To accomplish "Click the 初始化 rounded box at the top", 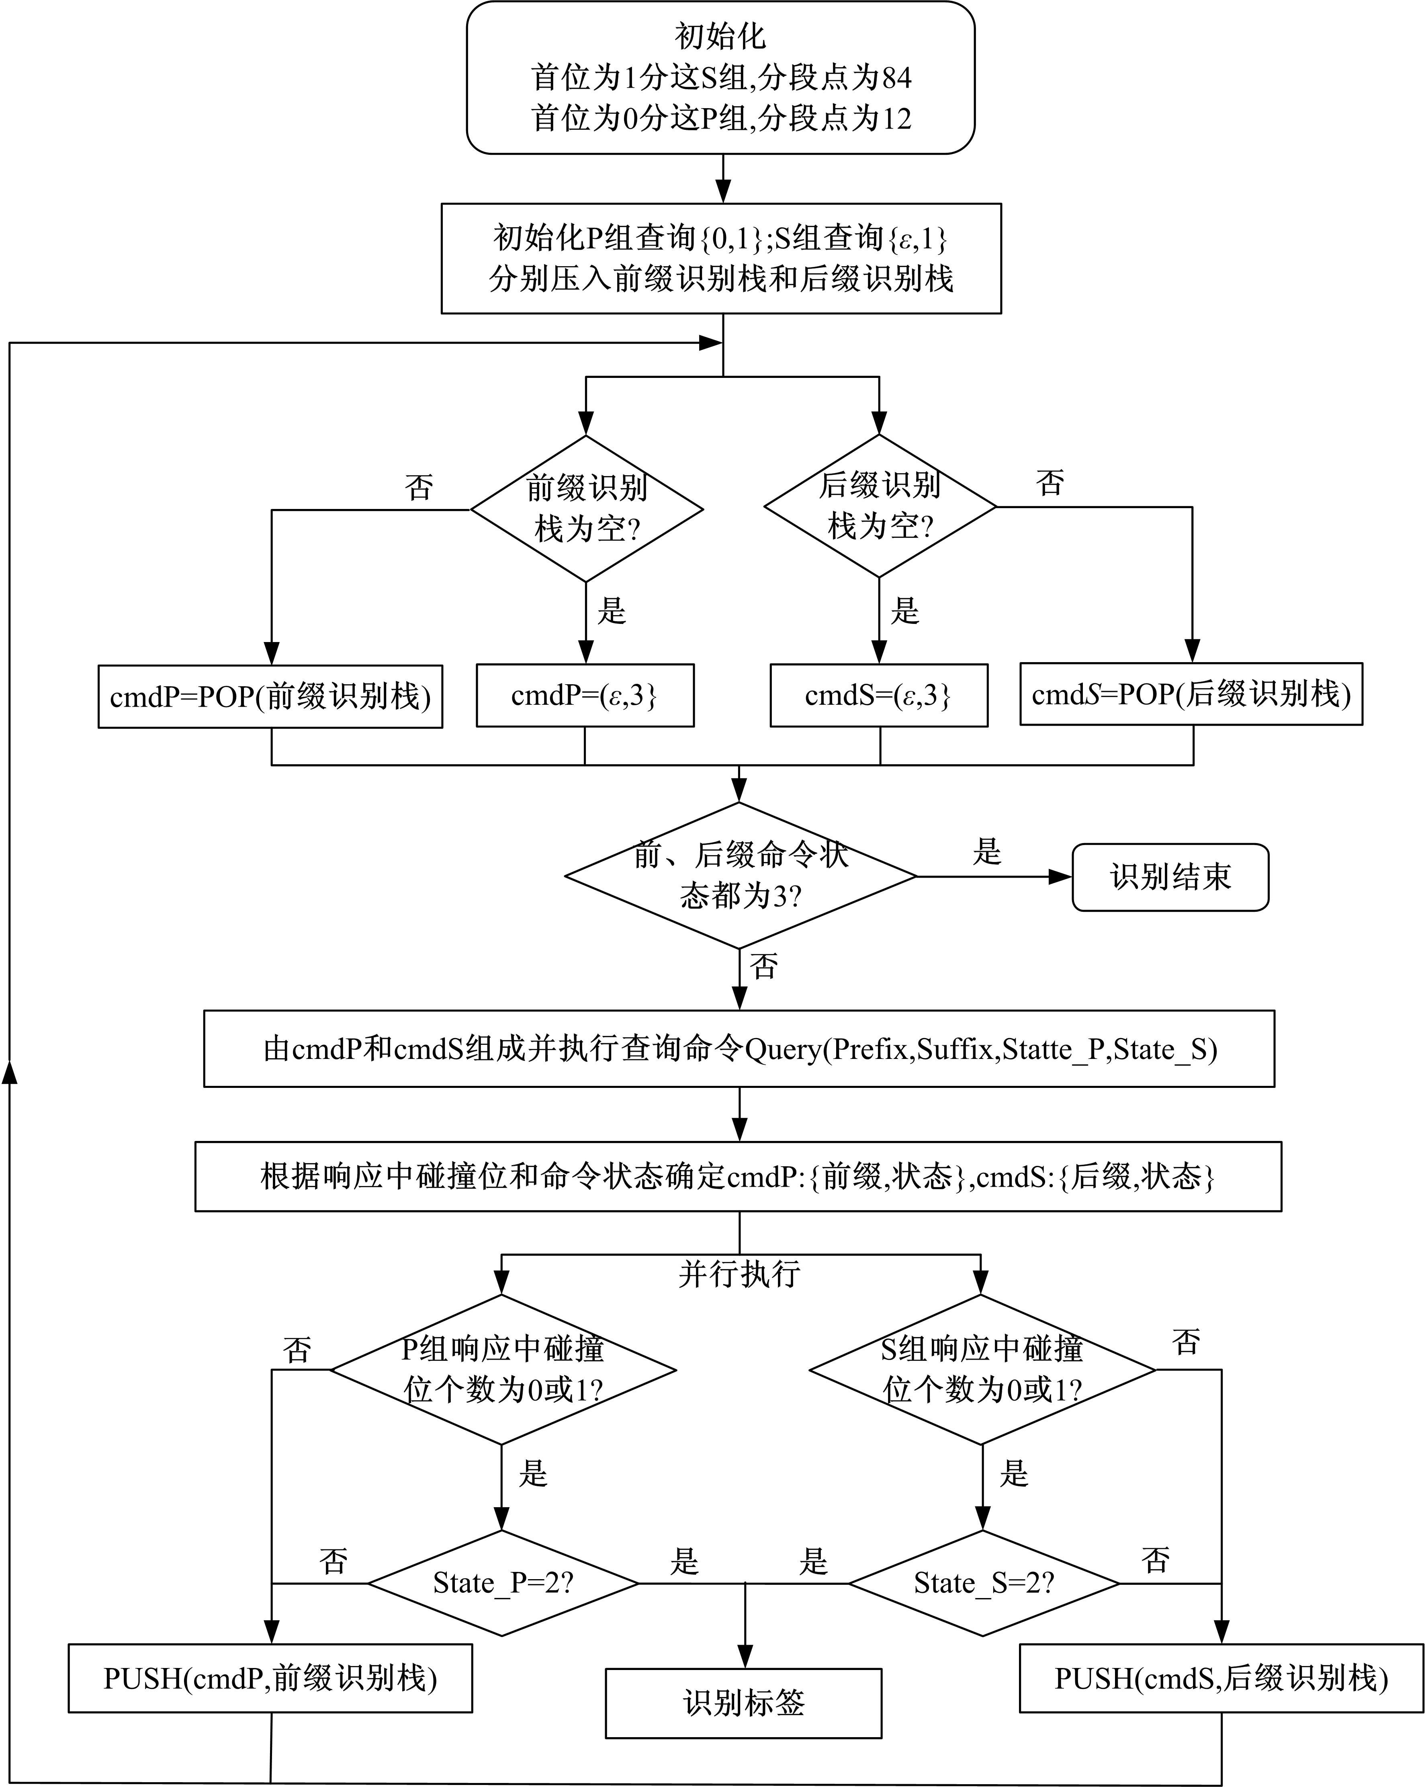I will click(x=720, y=77).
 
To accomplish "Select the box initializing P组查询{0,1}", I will click(x=721, y=258).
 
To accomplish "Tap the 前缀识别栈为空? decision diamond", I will click(x=587, y=508).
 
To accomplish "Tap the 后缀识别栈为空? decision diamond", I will click(x=879, y=506).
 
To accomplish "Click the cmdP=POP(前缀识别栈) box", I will click(x=270, y=696).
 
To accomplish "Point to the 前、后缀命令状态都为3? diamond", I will click(x=740, y=875).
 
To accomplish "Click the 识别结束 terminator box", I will click(x=1170, y=877).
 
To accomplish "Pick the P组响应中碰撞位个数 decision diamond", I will click(x=502, y=1369).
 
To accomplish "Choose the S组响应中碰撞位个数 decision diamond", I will click(x=982, y=1369).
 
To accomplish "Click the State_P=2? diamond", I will click(x=502, y=1583).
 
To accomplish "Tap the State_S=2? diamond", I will click(x=984, y=1583).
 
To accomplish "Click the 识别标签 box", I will click(x=743, y=1703).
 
